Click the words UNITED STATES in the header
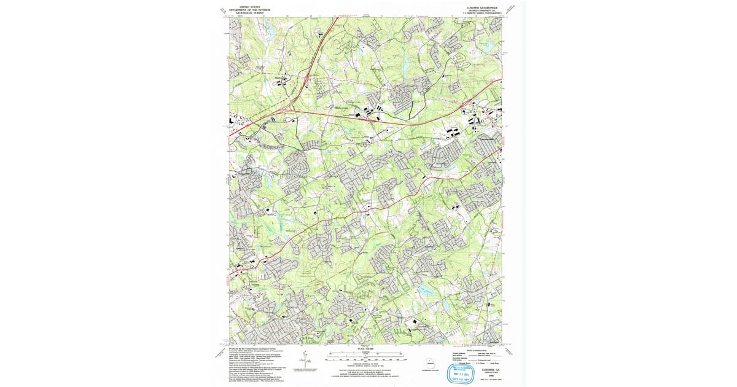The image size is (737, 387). coord(249,6)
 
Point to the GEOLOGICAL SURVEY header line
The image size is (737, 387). coord(249,12)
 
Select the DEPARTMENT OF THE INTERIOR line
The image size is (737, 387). coord(249,9)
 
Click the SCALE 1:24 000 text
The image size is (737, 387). coord(365,350)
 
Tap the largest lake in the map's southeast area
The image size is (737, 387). coord(424,289)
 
